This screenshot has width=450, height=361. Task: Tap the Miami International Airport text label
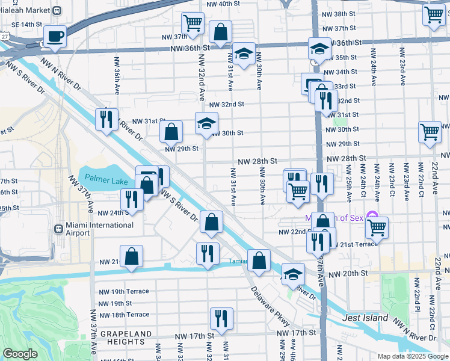coord(100,229)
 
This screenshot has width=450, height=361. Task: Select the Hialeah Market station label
coord(24,10)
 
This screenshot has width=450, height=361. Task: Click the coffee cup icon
coord(55,35)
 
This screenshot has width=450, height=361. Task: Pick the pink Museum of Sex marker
coord(372,217)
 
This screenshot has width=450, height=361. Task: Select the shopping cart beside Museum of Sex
coord(377,227)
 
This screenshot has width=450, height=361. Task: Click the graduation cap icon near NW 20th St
coord(293,273)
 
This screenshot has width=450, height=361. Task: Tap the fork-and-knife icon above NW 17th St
coord(221,318)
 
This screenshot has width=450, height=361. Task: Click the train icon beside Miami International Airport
coord(59,229)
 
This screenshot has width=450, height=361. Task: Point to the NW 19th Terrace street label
coord(124,291)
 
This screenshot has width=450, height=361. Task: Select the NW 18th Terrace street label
coord(124,315)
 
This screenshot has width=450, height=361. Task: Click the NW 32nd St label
coord(227,104)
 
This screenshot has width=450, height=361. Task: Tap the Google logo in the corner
coord(20,353)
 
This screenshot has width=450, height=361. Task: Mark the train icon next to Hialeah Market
coord(57,10)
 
